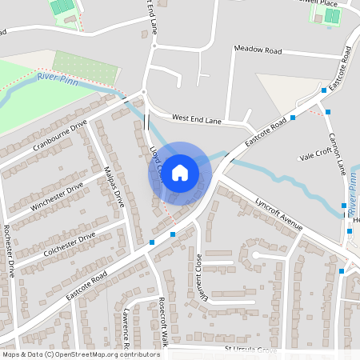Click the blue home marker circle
(x=180, y=172)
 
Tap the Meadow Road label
(x=258, y=50)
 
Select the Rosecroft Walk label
(x=163, y=321)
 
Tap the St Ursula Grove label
(x=250, y=350)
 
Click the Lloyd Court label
(x=158, y=163)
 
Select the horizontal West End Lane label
(x=195, y=118)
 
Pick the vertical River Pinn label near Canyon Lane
(x=351, y=195)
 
